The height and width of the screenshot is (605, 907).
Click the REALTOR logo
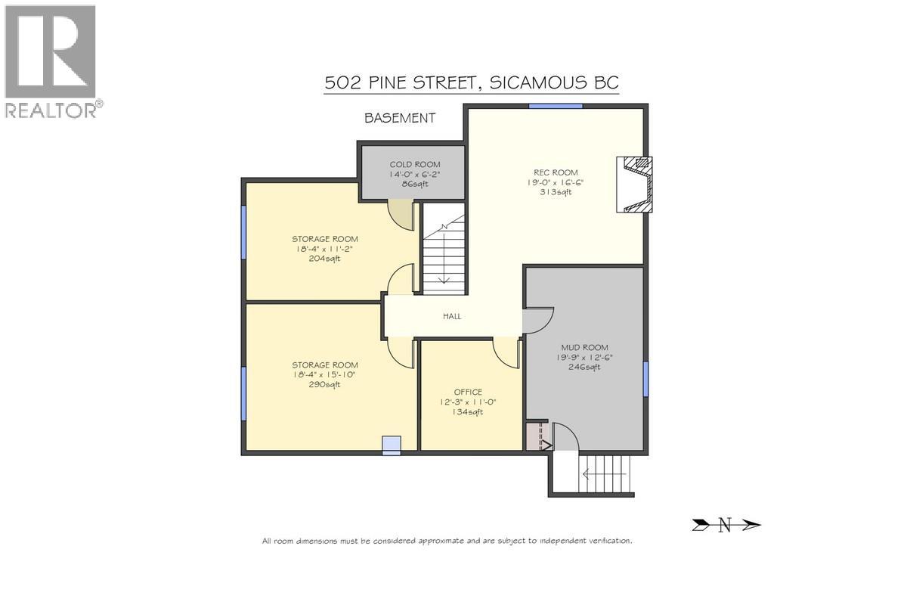(x=51, y=61)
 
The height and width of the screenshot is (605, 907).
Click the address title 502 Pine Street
(x=472, y=82)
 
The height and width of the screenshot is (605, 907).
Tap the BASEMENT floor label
(x=400, y=117)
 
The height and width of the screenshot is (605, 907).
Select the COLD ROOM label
(x=414, y=164)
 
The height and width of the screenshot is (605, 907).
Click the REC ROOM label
(x=556, y=172)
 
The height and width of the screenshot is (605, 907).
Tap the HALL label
(x=452, y=316)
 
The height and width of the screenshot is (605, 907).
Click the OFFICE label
(x=468, y=392)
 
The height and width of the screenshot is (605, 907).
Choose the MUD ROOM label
(x=584, y=348)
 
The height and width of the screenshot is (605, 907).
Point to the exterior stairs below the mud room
(x=605, y=474)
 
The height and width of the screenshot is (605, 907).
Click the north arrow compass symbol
(x=726, y=525)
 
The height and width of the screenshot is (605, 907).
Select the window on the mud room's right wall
(x=645, y=379)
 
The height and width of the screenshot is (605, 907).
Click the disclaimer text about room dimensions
(x=447, y=541)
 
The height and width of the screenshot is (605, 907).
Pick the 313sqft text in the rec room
(x=556, y=192)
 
